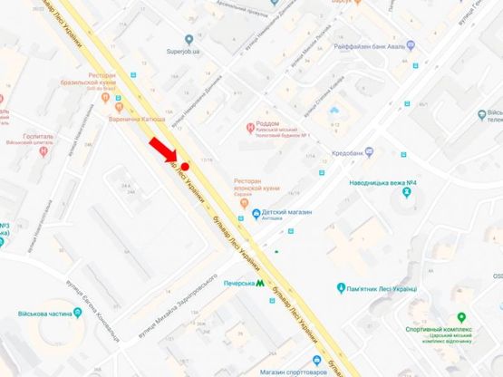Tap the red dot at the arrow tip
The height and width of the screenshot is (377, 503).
click(x=185, y=167)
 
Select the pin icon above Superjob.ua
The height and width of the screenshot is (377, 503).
click(x=189, y=39)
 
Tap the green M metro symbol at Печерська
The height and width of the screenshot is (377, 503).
click(x=261, y=283)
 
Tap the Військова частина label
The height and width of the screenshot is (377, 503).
click(x=41, y=313)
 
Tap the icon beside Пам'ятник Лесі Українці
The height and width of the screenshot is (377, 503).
click(x=340, y=288)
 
